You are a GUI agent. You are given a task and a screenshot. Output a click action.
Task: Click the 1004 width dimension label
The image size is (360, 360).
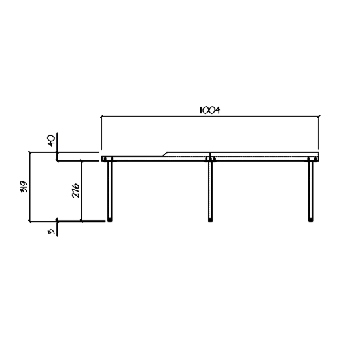pyautogui.click(x=209, y=110)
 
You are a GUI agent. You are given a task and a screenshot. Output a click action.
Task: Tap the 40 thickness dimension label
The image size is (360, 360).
pyautogui.click(x=51, y=141)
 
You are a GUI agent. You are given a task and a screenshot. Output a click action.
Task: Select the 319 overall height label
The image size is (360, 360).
pyautogui.click(x=24, y=187)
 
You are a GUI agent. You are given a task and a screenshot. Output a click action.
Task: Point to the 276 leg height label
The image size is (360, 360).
pyautogui.click(x=75, y=190)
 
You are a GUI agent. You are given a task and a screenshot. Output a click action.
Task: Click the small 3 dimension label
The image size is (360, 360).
pyautogui.click(x=52, y=231)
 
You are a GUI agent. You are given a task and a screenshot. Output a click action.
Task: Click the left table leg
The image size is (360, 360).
pyautogui.click(x=110, y=191)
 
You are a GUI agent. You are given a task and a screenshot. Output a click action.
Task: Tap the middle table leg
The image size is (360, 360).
pyautogui.click(x=210, y=191)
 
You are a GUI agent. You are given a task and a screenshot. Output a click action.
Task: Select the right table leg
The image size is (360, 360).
pyautogui.click(x=311, y=191)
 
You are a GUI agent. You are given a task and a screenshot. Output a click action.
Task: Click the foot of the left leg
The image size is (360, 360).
pyautogui.click(x=110, y=220)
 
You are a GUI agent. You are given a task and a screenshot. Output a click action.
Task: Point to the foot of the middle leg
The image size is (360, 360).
pyautogui.click(x=210, y=220)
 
